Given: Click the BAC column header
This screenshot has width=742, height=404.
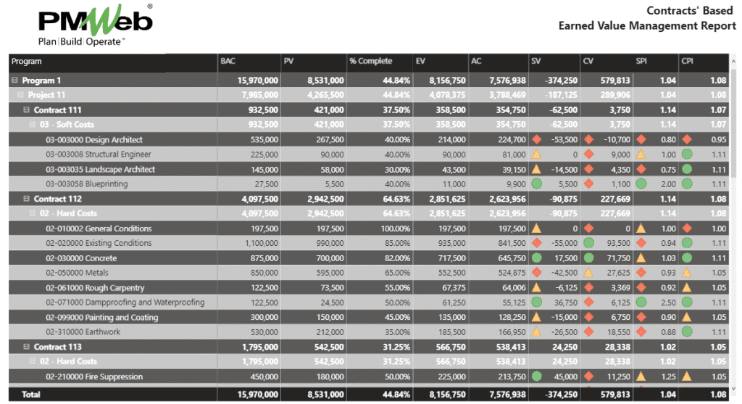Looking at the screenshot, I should coord(228,62).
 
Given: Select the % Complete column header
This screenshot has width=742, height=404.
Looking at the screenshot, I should coord(370,62).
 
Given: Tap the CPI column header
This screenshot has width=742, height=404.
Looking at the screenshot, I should coord(688,62).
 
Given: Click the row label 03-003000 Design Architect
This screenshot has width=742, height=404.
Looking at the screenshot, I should coord(94,140).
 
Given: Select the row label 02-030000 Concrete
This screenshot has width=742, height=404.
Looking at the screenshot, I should coord(81,258).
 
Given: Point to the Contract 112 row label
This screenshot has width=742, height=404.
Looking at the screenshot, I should coord(58,199).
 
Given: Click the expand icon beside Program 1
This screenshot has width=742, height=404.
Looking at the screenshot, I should coord(14,81).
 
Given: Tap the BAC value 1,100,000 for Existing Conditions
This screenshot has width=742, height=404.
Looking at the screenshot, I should coord(257,244).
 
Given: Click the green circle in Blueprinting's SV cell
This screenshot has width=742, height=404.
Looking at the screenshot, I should coord(536,184).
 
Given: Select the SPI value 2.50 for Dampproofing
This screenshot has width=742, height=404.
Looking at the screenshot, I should coord(667,302).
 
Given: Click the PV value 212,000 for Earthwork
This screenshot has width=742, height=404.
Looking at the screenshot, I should coord(326,332).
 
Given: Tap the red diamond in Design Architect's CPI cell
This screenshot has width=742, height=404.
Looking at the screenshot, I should coord(687,140).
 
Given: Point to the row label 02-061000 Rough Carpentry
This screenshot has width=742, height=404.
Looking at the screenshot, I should coord(95,288).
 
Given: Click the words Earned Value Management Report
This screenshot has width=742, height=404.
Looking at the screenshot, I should coord(647,26).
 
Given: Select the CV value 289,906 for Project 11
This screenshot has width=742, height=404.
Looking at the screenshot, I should coord(612,95).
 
